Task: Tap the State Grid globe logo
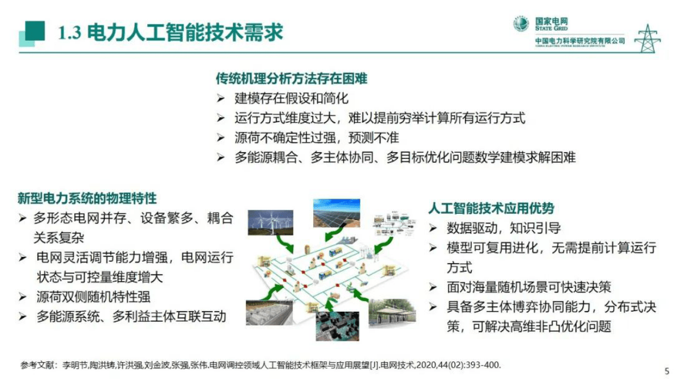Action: [521, 24]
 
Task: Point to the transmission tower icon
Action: [646, 38]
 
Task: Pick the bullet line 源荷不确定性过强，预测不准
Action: [317, 137]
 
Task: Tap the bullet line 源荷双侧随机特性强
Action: [93, 296]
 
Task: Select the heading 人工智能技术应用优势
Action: [490, 208]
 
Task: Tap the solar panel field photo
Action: [336, 212]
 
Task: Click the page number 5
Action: [666, 366]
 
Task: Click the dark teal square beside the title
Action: [35, 30]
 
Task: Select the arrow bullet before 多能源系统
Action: [23, 316]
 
